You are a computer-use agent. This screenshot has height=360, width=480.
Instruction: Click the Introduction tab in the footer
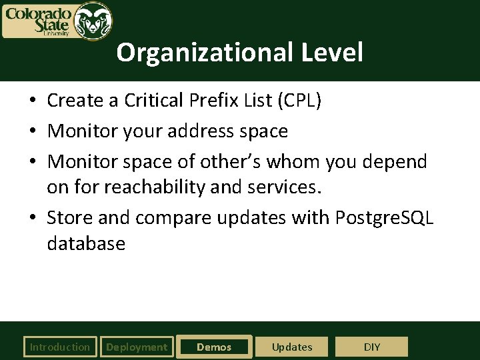59,347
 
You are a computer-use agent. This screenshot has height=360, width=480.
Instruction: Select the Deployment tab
137,347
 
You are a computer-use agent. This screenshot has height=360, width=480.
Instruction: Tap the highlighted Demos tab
214,347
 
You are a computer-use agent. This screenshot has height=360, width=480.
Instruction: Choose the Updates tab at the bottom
292,347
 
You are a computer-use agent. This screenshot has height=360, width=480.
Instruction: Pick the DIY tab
371,347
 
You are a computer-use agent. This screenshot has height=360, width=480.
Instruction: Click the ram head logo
93,21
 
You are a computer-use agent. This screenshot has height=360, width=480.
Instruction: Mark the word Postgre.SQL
385,218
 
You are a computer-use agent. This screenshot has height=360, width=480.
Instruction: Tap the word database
86,243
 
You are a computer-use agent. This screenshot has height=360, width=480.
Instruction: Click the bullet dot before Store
32,219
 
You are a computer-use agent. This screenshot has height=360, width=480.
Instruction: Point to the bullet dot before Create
32,101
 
